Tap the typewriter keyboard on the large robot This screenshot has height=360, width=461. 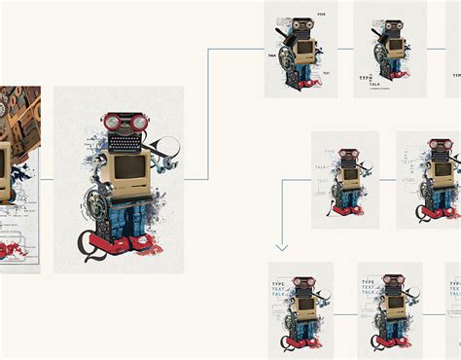point(126,142)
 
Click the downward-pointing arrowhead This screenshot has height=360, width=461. point(282,247)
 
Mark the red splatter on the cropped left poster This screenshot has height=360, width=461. point(14,249)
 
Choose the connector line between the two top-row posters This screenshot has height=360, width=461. point(345,48)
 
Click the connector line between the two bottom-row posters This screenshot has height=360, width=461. point(345,313)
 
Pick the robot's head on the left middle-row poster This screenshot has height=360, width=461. point(348,155)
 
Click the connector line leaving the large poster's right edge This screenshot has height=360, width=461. point(195,179)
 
